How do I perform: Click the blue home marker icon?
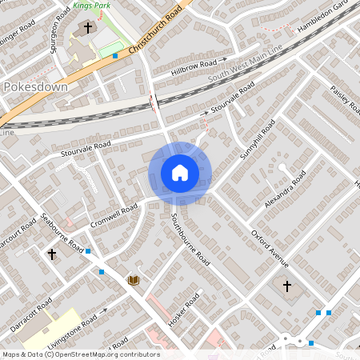[x=180, y=172]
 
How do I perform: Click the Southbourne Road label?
[x=191, y=238]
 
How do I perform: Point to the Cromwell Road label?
[x=114, y=214]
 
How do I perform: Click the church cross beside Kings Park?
[x=87, y=28]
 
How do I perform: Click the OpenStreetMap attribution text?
[x=80, y=354]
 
